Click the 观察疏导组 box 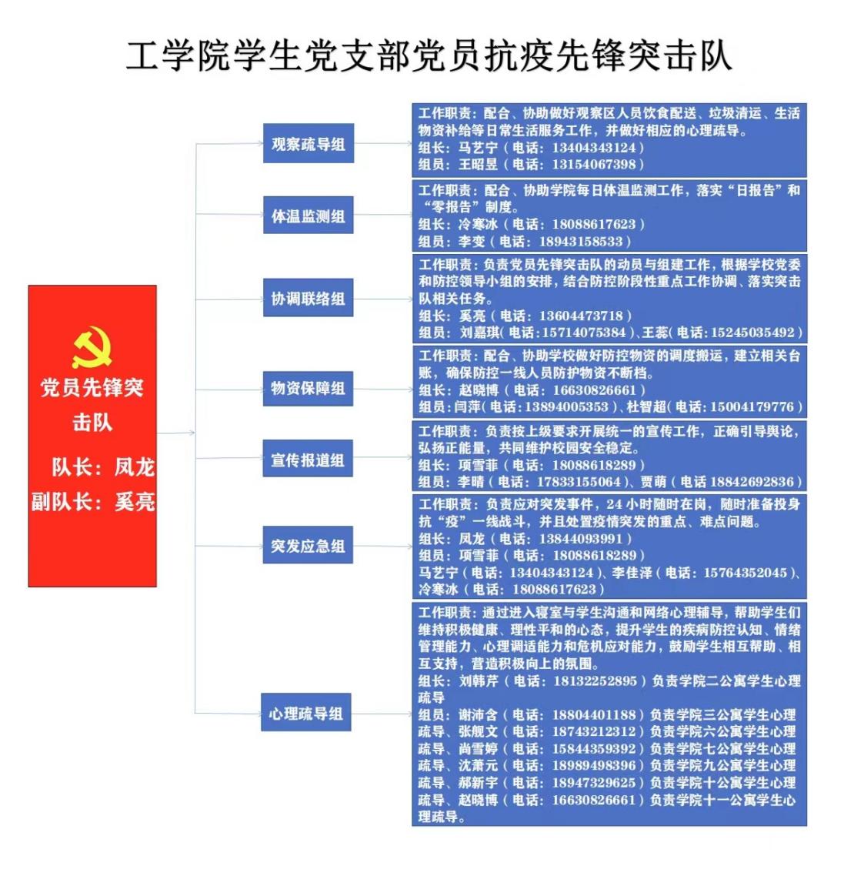pos(309,144)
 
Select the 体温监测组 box pos(309,215)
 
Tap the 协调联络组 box pos(309,298)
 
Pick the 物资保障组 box pos(308,388)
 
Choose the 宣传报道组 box pos(308,460)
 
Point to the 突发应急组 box pos(308,545)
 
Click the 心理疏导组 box pos(306,712)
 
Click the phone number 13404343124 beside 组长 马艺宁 pos(594,148)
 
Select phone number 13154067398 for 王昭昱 pos(594,165)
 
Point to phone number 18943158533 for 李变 pos(581,242)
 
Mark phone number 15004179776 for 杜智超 pos(752,407)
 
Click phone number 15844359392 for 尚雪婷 pos(594,749)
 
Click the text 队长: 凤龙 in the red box pos(103,467)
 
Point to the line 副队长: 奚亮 pos(93,502)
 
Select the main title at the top pos(429,56)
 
